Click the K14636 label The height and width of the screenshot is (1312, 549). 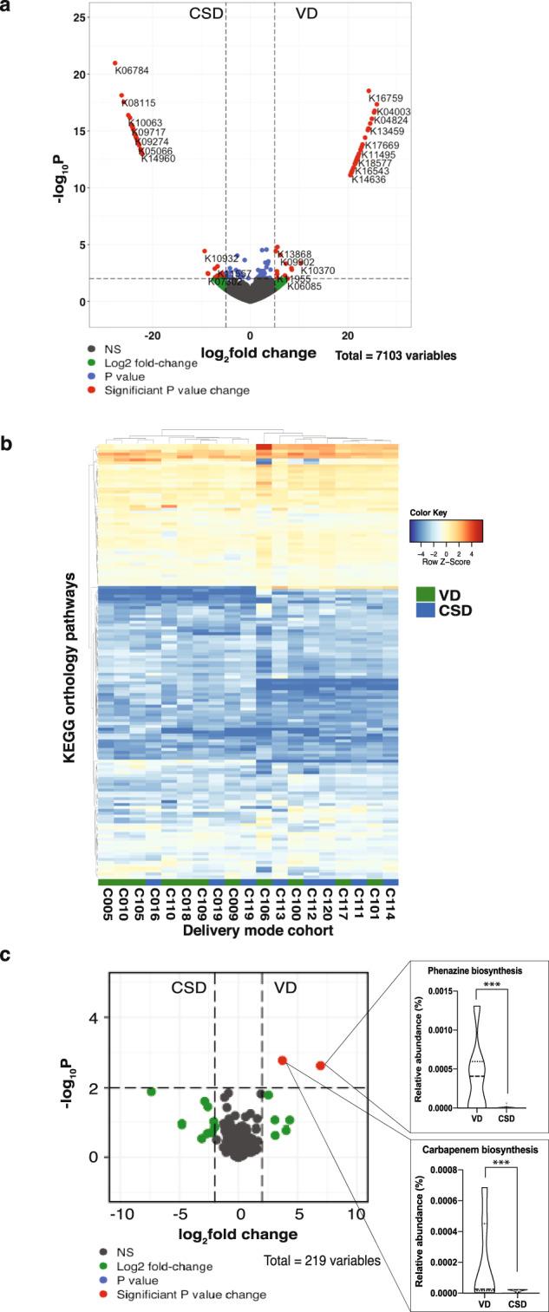[x=369, y=180]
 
